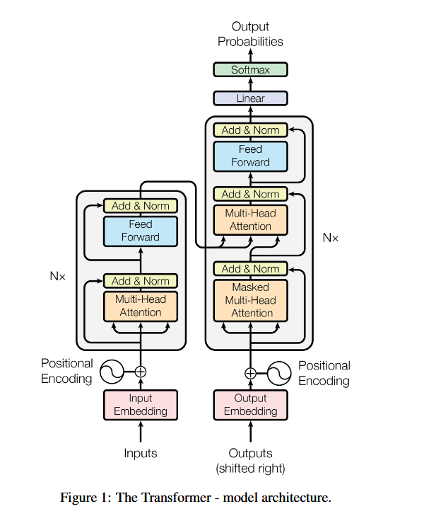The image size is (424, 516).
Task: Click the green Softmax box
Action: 251,69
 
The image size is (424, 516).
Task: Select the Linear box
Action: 251,98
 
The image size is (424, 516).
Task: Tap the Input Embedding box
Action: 141,405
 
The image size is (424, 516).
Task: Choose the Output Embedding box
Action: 251,405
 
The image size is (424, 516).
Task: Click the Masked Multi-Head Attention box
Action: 251,300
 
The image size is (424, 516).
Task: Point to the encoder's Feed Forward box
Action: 141,231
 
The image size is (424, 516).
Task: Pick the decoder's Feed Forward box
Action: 251,156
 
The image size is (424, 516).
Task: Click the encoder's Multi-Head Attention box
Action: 141,306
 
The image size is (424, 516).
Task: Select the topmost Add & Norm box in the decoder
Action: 251,130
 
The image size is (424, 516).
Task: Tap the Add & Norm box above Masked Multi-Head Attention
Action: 251,269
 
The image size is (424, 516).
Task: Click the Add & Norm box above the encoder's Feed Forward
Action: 141,206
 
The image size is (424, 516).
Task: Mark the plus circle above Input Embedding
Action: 141,370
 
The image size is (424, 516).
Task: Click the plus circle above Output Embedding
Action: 251,373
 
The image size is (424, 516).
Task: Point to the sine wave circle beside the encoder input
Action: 111,370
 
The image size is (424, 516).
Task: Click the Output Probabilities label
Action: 250,34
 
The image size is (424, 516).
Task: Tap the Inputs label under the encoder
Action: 141,453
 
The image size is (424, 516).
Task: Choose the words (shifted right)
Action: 251,468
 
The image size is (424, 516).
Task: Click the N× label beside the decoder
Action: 331,238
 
